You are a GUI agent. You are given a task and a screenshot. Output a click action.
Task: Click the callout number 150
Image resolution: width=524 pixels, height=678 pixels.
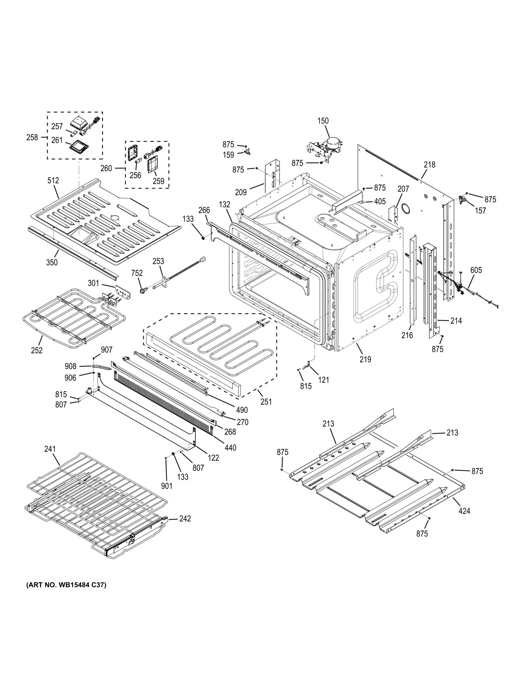[323, 121]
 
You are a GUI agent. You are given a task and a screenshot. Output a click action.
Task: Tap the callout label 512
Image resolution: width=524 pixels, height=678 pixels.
[53, 181]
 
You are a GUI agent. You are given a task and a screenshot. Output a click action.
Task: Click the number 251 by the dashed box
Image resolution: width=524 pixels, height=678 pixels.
[266, 402]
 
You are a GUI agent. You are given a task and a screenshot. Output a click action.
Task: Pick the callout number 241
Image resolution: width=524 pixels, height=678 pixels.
[50, 449]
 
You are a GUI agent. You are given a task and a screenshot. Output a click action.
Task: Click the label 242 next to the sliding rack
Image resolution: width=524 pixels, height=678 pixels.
[185, 519]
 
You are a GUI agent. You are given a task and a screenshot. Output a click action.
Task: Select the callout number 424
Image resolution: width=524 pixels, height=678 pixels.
[464, 511]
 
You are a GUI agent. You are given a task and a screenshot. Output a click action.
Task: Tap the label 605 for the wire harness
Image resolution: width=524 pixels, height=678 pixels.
[476, 270]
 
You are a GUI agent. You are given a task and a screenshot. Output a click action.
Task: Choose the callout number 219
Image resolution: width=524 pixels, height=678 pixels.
[365, 359]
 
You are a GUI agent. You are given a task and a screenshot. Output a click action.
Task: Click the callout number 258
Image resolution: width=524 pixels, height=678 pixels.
[32, 138]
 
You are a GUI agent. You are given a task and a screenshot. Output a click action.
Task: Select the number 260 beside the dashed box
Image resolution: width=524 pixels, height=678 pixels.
[106, 168]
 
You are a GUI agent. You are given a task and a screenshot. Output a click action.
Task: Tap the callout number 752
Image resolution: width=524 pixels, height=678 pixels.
[137, 273]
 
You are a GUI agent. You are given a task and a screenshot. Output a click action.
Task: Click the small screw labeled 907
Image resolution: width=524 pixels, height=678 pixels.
[94, 358]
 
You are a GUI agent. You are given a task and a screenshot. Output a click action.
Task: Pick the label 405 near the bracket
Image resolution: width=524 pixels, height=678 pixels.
[380, 202]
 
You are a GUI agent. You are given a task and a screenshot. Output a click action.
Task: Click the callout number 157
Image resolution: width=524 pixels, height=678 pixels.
[480, 211]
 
